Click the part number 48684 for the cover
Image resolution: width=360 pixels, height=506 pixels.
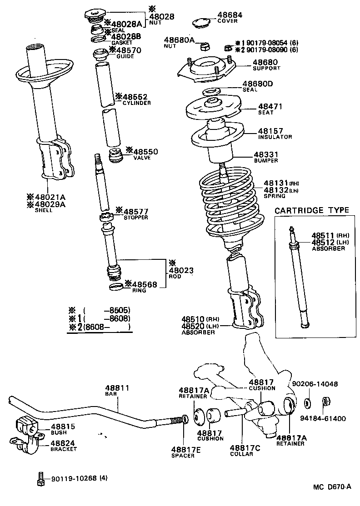(230, 15)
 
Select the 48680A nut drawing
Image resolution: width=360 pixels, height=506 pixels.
(205, 46)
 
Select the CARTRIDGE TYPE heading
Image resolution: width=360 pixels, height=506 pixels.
(312, 210)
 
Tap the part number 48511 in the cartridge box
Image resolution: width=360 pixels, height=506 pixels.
(323, 235)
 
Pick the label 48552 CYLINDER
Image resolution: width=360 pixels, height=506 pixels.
(135, 99)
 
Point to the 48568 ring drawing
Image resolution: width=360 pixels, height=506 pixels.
(117, 286)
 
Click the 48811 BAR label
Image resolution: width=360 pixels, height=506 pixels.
(117, 391)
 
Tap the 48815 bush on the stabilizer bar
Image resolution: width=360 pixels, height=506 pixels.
(29, 426)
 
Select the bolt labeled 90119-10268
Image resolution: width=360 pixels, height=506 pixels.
(40, 478)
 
